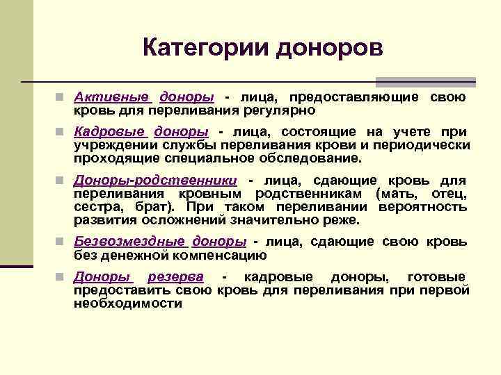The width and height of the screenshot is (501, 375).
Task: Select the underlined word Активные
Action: click(112, 97)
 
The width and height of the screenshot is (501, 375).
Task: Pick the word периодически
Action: click(425, 146)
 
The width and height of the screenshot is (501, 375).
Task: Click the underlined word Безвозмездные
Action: click(129, 242)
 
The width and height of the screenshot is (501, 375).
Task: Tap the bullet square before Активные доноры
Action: click(62, 97)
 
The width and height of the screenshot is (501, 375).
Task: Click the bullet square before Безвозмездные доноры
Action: click(62, 242)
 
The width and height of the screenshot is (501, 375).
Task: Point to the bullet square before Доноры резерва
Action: click(62, 276)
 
